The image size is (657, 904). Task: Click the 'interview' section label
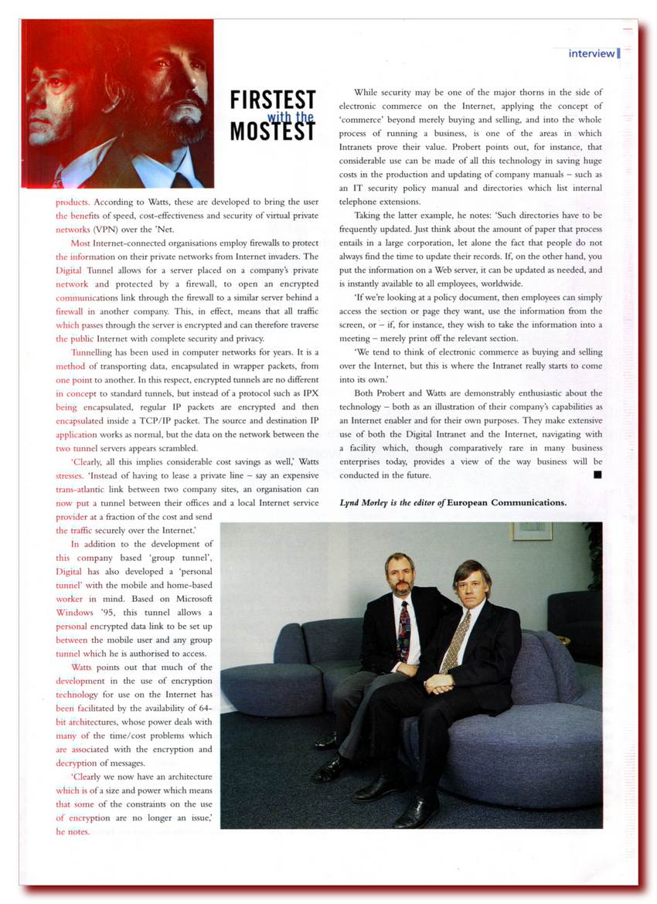coord(591,53)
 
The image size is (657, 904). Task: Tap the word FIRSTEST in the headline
coord(273,100)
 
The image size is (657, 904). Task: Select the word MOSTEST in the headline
coord(273,131)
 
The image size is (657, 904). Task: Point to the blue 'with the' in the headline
coord(291,117)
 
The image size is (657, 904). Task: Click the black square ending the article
coord(597,475)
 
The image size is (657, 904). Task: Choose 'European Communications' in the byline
coord(506,502)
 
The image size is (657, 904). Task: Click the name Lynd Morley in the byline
coord(367,502)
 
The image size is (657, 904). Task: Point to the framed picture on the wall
coord(532,531)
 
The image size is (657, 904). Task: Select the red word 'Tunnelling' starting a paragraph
coord(92,352)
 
